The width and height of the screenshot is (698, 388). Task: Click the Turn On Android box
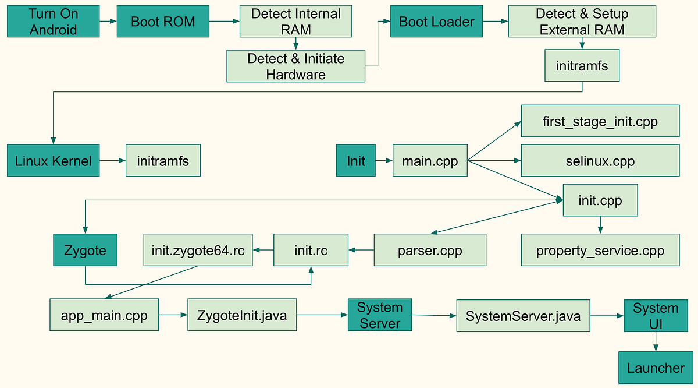(x=53, y=22)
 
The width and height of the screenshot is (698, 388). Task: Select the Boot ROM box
(x=163, y=22)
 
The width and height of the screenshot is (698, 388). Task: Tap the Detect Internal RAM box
(x=296, y=22)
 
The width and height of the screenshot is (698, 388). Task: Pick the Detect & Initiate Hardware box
(x=296, y=66)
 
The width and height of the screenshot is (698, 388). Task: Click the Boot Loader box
(x=436, y=22)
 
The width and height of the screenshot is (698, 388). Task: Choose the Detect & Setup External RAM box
(x=582, y=22)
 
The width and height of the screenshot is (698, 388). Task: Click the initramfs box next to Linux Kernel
(x=163, y=160)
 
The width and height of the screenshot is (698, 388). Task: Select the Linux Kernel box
(x=53, y=160)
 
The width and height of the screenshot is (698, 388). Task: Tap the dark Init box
(x=356, y=160)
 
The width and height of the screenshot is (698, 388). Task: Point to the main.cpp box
(x=430, y=160)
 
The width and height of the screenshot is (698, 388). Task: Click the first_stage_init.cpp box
(x=600, y=121)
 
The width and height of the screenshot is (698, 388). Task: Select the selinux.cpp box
(x=600, y=160)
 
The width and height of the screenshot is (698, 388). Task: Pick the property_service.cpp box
(x=600, y=251)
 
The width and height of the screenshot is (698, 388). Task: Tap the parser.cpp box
(x=430, y=251)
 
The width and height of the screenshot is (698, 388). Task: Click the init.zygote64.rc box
(x=198, y=251)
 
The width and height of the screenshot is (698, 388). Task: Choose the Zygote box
(x=85, y=251)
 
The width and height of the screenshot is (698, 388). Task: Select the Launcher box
(x=656, y=368)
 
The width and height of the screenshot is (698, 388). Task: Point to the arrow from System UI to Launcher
(x=656, y=341)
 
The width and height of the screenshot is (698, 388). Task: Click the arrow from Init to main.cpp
(x=384, y=160)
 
